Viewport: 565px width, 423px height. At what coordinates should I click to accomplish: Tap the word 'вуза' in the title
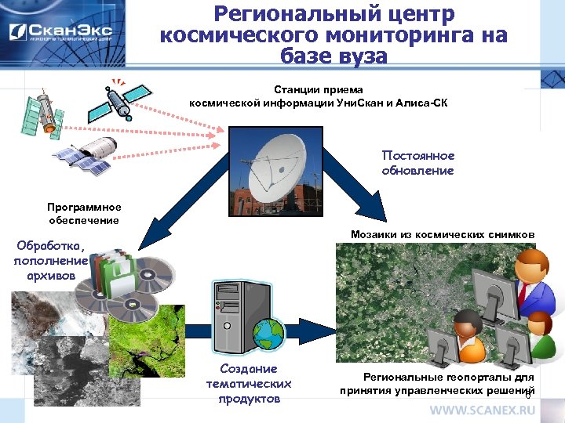(x=360, y=56)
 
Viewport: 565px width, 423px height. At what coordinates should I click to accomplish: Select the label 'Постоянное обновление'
(x=417, y=163)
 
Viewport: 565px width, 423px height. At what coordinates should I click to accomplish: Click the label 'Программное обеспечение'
(x=84, y=214)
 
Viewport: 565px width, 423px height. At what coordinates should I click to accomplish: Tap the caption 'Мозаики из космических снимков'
(x=443, y=234)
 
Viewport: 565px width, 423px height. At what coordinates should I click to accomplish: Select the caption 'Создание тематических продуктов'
(x=248, y=383)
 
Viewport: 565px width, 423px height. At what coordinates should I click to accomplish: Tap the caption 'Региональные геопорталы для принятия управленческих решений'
(x=437, y=383)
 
